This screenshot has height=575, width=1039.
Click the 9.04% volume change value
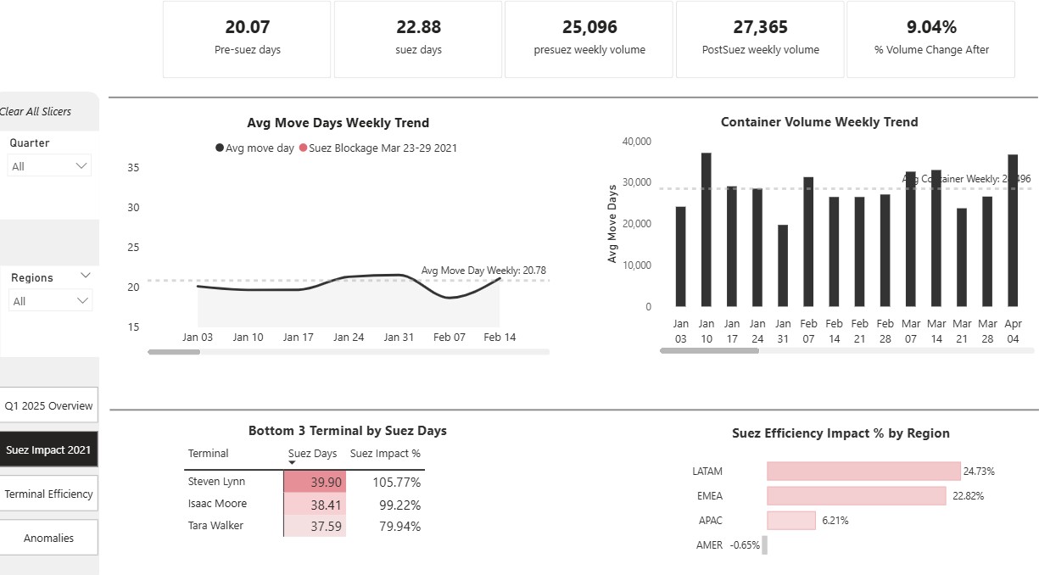(931, 27)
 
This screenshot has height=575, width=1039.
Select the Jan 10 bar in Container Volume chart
(706, 229)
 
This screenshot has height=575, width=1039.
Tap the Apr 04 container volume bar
(1013, 230)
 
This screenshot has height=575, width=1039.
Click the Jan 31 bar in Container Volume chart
(783, 265)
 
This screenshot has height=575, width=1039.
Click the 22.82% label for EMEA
(968, 496)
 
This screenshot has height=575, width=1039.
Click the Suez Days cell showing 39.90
(315, 482)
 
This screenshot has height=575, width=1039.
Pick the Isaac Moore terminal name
(216, 504)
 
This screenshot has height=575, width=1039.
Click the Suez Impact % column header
(385, 454)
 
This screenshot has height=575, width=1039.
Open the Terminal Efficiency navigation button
(48, 494)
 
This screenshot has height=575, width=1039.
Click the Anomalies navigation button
(48, 538)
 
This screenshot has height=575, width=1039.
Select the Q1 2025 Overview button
(48, 405)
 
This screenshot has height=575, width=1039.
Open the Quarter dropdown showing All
(50, 166)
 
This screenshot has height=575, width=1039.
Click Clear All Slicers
(36, 111)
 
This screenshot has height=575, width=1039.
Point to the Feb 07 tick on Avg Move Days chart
(450, 337)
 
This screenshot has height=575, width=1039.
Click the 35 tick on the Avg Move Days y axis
(133, 167)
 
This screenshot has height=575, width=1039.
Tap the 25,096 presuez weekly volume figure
(589, 27)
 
